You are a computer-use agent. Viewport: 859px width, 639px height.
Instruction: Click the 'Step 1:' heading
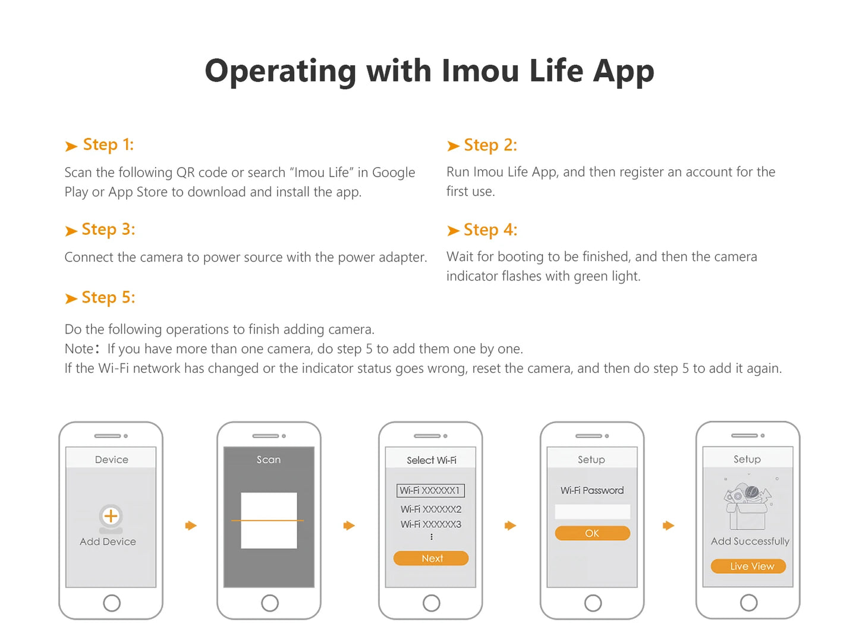108,145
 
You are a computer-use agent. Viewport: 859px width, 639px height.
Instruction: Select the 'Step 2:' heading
490,145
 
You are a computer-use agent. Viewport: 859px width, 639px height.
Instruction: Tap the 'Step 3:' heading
108,229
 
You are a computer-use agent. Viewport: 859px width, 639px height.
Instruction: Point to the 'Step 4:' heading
490,229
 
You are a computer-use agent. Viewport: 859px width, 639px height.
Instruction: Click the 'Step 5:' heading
108,297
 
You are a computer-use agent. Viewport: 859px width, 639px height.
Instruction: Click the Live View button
748,566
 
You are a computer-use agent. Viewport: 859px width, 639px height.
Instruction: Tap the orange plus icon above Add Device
111,516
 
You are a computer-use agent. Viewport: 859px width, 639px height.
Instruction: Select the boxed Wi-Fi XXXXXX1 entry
430,490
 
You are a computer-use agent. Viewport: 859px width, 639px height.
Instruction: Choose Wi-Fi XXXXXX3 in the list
430,524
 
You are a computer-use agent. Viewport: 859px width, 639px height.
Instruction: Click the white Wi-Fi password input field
593,512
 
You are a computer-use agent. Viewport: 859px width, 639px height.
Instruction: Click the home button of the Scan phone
269,603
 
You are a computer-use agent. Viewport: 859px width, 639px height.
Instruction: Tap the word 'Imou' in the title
480,71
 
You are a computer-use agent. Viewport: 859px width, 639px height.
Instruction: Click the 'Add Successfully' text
750,542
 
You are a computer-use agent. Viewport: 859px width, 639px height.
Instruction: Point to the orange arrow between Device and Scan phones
191,525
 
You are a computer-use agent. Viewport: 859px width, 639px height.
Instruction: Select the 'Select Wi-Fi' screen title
432,460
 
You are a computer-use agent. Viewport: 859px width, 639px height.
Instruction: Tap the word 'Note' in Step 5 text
79,348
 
